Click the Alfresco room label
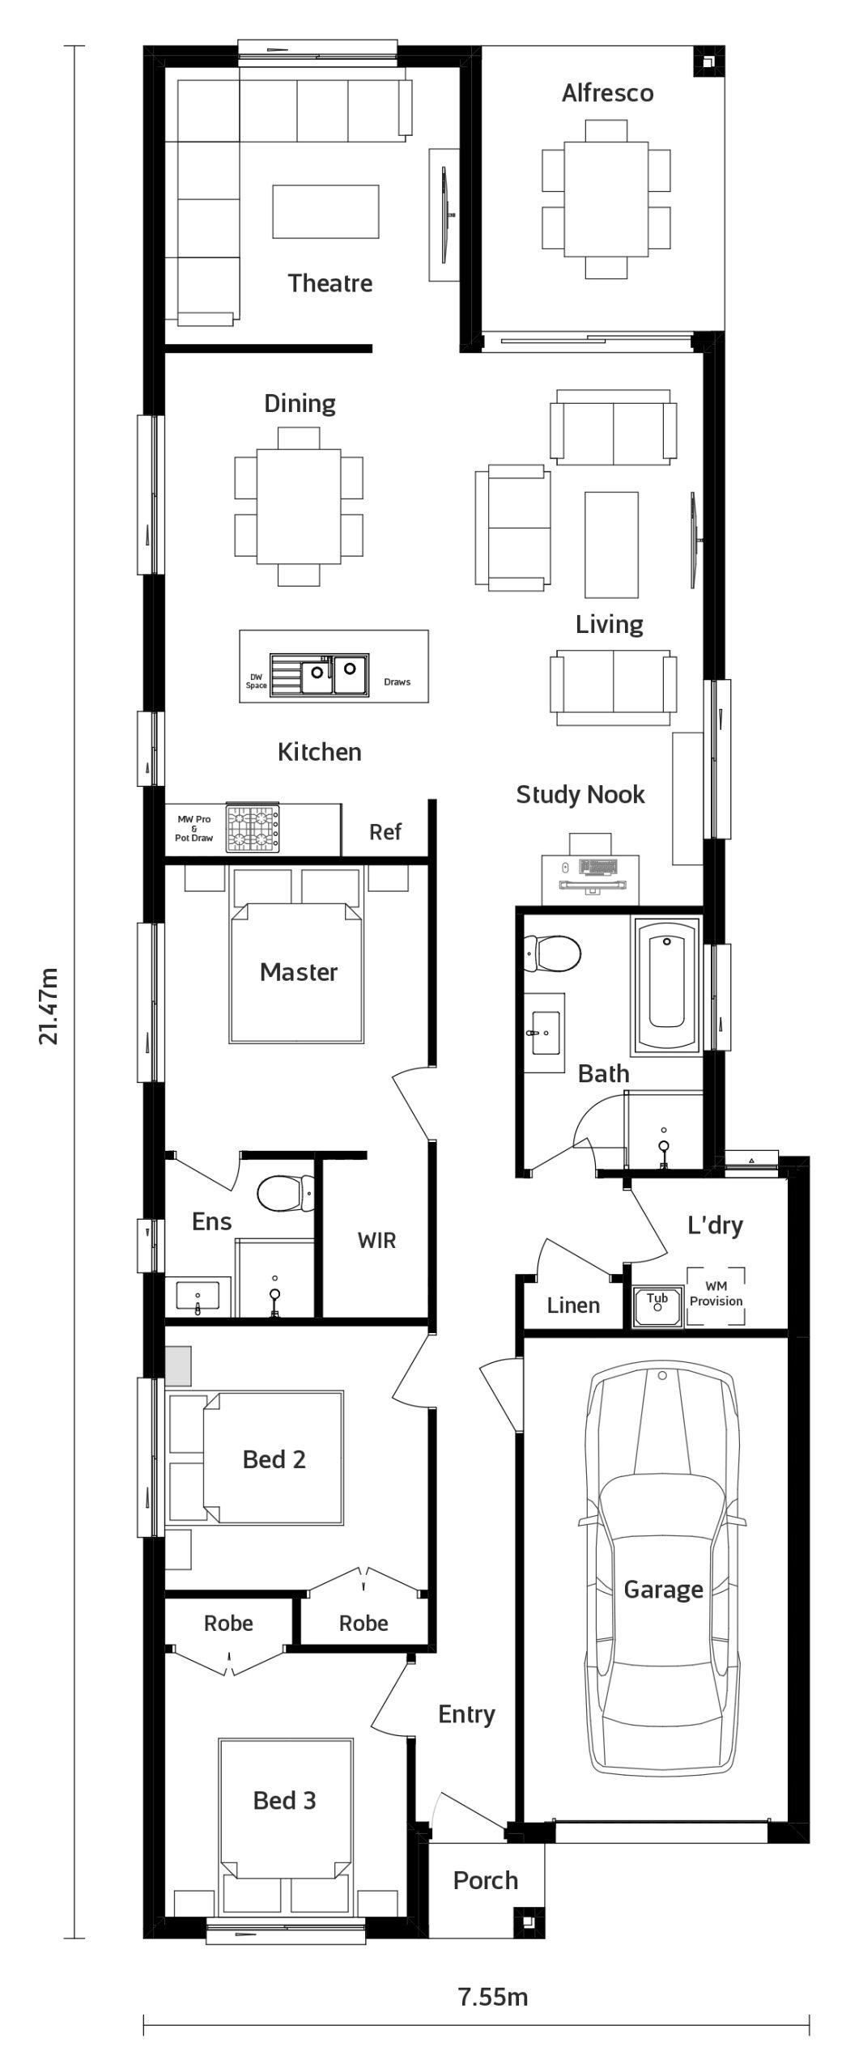tap(607, 93)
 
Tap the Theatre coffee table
tap(325, 211)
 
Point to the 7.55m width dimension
tap(493, 1997)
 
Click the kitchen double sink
tap(319, 675)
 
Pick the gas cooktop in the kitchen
tap(253, 829)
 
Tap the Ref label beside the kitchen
tap(385, 832)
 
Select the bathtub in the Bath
tap(666, 986)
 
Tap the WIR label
tap(376, 1241)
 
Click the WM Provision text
tap(716, 1294)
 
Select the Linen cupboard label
tap(573, 1305)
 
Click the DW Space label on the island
tap(256, 681)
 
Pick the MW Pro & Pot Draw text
tap(194, 829)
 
